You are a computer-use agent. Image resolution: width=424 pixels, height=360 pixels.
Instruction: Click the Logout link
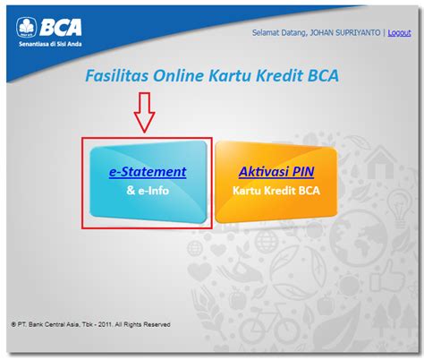[399, 33]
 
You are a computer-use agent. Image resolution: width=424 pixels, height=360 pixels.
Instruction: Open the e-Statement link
[148, 172]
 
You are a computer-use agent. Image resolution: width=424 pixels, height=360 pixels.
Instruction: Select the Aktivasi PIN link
[276, 172]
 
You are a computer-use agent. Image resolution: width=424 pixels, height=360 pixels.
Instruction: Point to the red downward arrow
[144, 112]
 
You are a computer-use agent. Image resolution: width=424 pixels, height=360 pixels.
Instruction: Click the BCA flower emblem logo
[26, 27]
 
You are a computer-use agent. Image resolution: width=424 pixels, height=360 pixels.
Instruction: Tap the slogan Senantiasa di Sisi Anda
[50, 44]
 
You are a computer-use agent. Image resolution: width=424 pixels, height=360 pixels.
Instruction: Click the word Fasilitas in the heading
[117, 75]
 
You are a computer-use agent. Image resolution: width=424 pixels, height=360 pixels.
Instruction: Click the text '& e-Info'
[148, 191]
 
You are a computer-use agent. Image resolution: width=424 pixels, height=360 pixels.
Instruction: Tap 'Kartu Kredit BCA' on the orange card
[276, 191]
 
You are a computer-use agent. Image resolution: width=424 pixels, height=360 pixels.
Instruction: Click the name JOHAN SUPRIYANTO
[345, 32]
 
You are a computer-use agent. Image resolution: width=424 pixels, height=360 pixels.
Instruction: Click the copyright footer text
[90, 324]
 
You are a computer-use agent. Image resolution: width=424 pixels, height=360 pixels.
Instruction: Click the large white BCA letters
[61, 28]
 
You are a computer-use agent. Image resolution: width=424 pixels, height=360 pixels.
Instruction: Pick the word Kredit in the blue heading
[280, 75]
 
